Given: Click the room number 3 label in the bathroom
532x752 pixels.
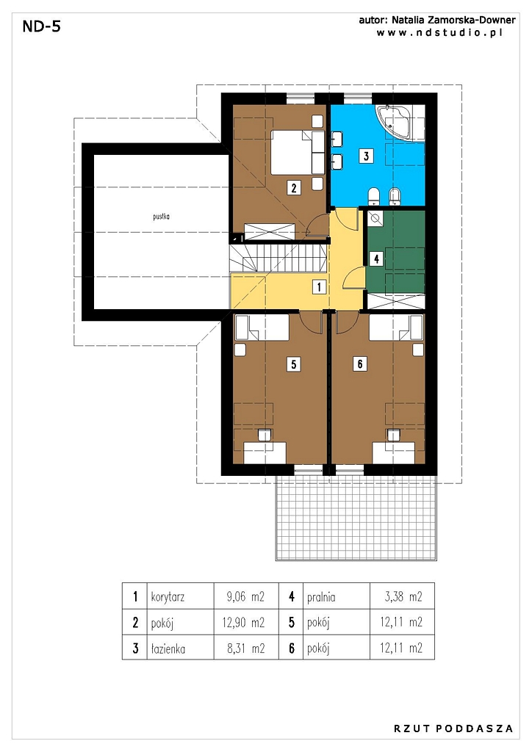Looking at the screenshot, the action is [366, 156].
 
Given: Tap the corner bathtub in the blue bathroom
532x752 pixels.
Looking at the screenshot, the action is [400, 123].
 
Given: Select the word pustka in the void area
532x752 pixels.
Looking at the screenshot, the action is [161, 217].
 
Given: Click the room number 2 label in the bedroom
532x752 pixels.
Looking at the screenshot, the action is [294, 187].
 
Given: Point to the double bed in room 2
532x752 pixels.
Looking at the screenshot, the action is [298, 152].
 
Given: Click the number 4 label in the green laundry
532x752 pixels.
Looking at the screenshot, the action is [376, 259].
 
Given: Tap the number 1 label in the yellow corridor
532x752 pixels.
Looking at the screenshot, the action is [319, 287].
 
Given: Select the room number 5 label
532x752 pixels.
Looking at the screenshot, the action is [294, 364].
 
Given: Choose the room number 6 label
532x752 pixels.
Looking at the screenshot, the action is [360, 364].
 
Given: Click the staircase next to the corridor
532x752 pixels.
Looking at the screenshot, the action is [278, 258].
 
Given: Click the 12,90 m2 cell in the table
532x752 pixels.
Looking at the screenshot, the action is [243, 623].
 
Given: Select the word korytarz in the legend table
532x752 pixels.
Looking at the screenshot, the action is [168, 598].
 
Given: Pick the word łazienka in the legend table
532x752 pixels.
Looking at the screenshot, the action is [168, 649].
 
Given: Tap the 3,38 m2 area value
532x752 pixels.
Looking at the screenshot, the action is [403, 597].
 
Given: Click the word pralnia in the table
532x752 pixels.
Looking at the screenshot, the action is [321, 598].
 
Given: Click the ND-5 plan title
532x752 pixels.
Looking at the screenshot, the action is [42, 26].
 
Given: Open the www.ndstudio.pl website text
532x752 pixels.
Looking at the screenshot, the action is [439, 32].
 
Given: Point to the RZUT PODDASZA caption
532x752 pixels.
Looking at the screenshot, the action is [453, 728].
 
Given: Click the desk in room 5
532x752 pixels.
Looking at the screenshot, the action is [265, 452].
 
